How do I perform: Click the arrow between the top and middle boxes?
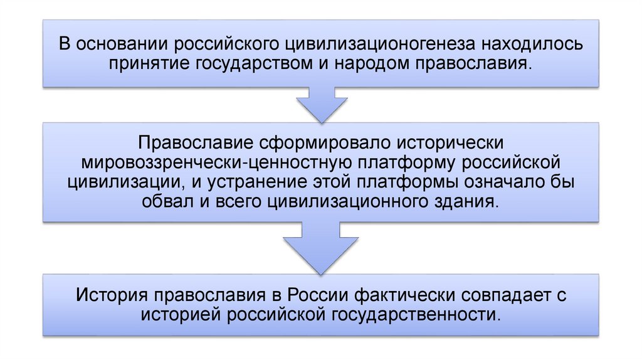pyautogui.click(x=321, y=106)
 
